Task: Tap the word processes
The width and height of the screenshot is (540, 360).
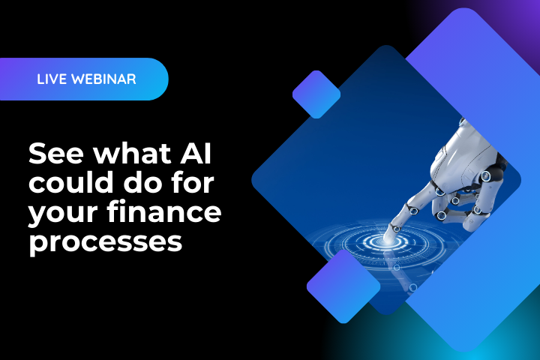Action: [105, 242]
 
